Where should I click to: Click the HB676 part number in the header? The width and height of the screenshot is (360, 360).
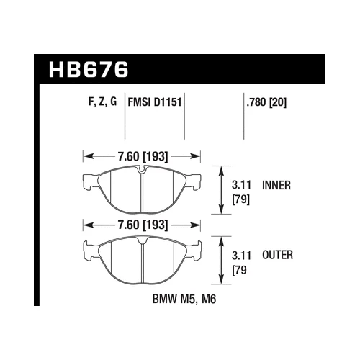point(87,71)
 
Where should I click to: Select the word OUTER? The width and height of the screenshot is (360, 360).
point(277,256)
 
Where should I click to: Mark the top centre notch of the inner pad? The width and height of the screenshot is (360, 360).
point(143,171)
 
